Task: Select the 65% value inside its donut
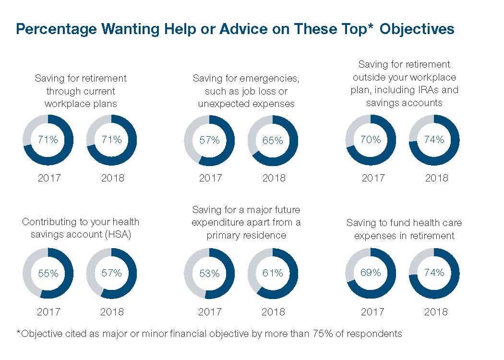point(273,141)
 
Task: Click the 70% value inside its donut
point(371,140)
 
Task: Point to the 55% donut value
point(48,274)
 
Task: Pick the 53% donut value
point(209,274)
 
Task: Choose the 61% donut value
point(273,273)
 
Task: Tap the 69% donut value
point(371,273)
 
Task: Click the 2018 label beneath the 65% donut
point(273,178)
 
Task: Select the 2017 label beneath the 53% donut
point(210,312)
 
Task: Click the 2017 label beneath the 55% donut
point(49,312)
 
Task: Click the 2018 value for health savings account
point(111,273)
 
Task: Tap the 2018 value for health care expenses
point(434,273)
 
